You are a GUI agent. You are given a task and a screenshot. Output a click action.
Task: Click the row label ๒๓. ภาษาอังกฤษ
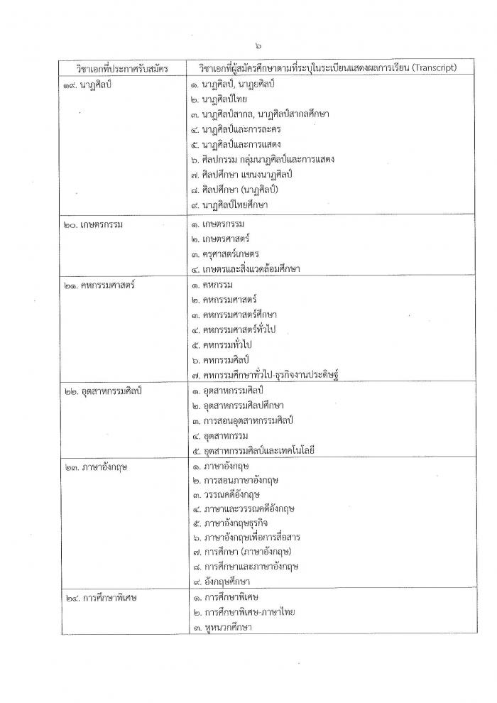92,467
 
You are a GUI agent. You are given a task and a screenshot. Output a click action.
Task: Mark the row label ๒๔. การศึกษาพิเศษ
99,597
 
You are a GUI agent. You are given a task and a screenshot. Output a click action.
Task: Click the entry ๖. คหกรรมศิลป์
224,360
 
